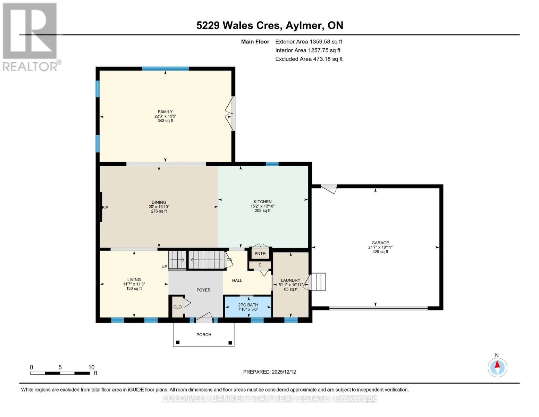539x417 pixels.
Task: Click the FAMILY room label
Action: point(165,112)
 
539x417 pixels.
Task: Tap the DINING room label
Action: point(159,202)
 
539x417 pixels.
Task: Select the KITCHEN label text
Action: point(262,202)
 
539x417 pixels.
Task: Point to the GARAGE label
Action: point(380,243)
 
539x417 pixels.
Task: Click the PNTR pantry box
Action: point(260,253)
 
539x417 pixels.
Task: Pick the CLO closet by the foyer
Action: point(178,307)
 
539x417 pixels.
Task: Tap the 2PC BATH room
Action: point(248,307)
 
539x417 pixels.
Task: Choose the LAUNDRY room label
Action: point(290,280)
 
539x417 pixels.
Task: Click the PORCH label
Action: point(204,335)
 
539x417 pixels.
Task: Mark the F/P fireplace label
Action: point(105,207)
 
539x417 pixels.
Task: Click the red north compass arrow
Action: point(497,364)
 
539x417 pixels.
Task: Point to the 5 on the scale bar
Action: point(60,367)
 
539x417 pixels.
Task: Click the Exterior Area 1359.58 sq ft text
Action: point(309,42)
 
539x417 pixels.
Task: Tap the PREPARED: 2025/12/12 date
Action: point(269,372)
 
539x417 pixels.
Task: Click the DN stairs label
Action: point(229,260)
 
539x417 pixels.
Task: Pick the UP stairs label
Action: point(164,267)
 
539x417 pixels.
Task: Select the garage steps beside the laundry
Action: point(318,281)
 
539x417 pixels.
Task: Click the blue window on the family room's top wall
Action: point(165,68)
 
